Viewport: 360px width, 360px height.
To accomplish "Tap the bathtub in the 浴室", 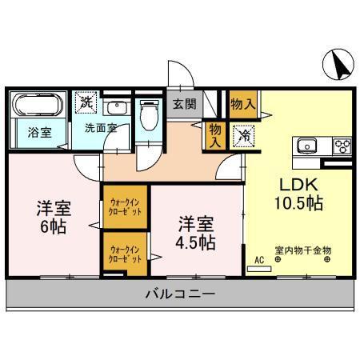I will [37, 106].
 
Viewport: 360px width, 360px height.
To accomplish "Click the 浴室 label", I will [40, 133].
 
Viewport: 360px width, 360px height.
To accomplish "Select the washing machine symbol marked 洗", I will [86, 103].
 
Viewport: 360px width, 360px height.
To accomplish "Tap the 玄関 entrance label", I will [184, 104].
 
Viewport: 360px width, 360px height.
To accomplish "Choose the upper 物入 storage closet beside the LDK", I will [242, 104].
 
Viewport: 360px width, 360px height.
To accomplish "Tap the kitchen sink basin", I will [309, 146].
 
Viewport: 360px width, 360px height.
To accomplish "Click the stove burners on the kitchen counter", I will [342, 146].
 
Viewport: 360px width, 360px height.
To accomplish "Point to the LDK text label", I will [294, 182].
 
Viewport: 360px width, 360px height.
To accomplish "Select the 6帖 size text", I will [54, 226].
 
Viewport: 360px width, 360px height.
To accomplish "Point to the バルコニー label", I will [180, 294].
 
